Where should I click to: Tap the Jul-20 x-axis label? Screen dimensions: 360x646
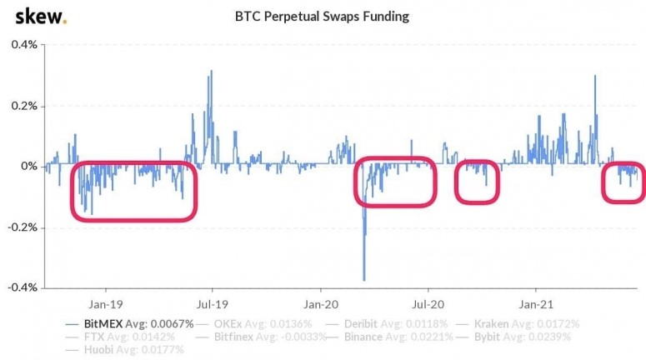pyautogui.click(x=427, y=304)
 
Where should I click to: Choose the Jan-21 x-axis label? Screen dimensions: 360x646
pyautogui.click(x=534, y=304)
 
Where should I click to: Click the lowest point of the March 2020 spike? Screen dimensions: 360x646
pyautogui.click(x=363, y=280)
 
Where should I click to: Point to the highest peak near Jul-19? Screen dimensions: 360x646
pyautogui.click(x=211, y=71)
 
